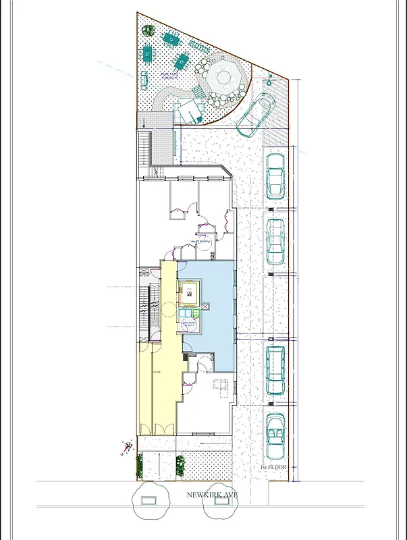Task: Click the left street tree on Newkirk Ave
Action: [x=151, y=501]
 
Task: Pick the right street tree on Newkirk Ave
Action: [x=221, y=501]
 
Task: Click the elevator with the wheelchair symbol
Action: [x=190, y=294]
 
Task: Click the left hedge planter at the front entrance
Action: [x=140, y=464]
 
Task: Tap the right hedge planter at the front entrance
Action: [x=180, y=464]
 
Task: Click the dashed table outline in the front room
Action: [x=220, y=385]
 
